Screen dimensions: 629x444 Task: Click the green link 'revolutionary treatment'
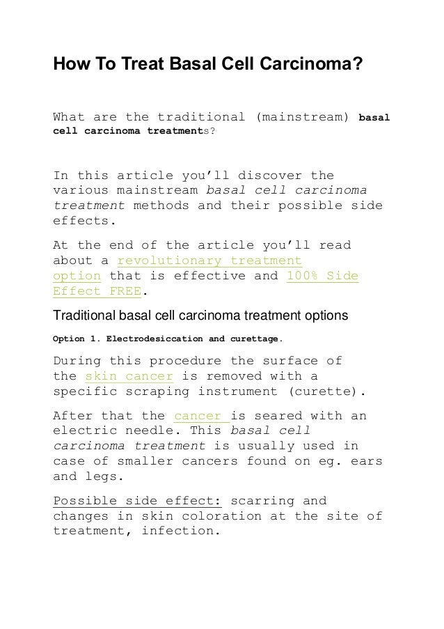(x=210, y=261)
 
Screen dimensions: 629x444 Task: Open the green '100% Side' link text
(x=323, y=277)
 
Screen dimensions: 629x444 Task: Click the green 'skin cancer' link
(x=128, y=377)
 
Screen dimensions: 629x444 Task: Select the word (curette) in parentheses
(x=326, y=392)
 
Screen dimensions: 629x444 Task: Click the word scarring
(x=264, y=502)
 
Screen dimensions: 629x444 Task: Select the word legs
(x=103, y=477)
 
